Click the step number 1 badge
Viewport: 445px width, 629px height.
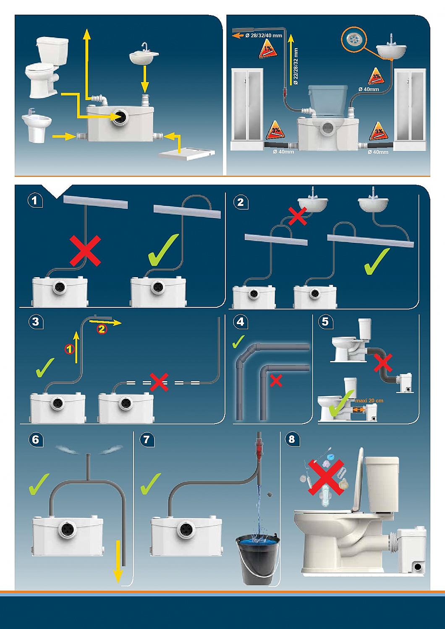pos(35,200)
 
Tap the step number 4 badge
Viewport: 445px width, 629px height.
pos(240,322)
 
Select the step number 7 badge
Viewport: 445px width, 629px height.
pos(147,439)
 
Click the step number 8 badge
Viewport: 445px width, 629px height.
pos(292,439)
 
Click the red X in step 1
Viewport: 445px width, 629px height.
pos(85,251)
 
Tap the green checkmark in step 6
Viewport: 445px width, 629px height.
pos(39,484)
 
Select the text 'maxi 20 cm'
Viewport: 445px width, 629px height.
pos(369,400)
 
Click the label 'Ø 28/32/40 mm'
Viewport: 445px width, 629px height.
pos(264,36)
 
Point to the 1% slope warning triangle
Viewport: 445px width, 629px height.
pos(267,50)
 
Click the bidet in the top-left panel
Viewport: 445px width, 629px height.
pos(37,126)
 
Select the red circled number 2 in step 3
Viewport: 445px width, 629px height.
pos(102,329)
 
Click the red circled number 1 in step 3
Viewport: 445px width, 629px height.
pos(70,348)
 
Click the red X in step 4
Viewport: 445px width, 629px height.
pos(276,380)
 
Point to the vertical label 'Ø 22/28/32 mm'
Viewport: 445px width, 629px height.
pos(296,66)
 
